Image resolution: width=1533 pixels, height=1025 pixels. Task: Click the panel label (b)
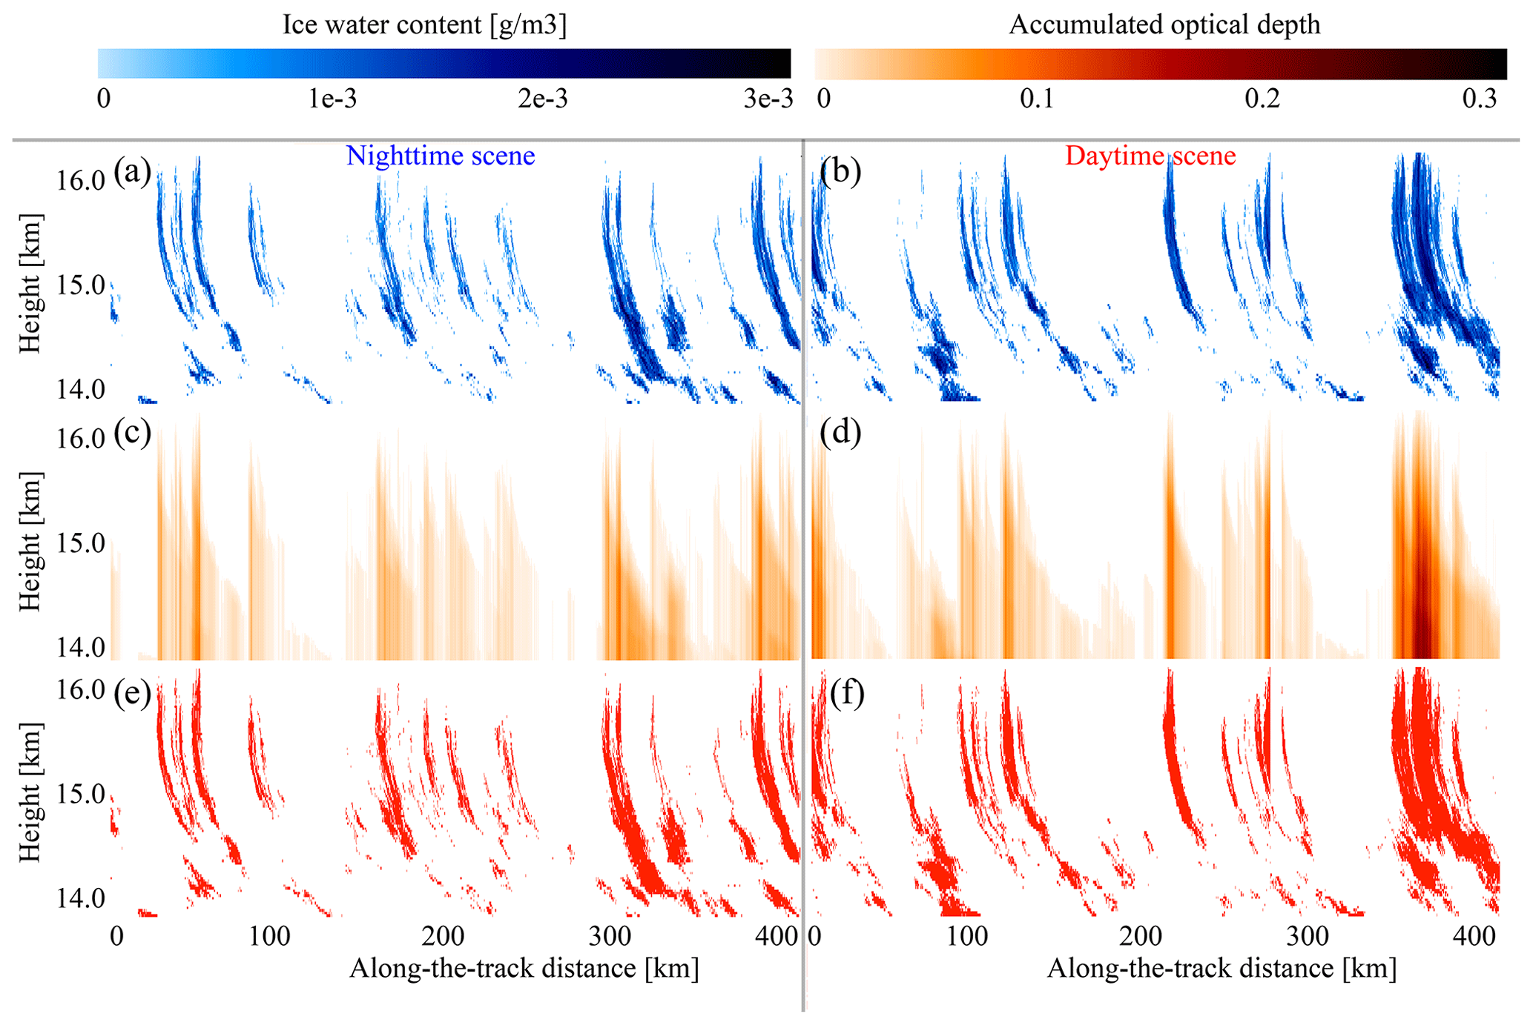tap(840, 172)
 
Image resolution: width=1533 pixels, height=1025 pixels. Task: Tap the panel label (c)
tap(132, 432)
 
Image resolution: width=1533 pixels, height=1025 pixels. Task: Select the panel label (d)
tap(840, 432)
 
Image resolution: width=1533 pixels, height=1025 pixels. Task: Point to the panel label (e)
tap(132, 693)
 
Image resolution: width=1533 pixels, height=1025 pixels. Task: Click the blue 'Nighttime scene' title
tap(441, 156)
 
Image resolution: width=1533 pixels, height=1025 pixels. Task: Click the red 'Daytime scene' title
tap(1150, 156)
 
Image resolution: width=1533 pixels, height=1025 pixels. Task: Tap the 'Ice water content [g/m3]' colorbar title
tap(424, 24)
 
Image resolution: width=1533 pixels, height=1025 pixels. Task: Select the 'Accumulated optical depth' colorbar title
tap(1164, 24)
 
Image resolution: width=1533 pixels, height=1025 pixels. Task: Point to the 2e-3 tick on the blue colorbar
tap(543, 99)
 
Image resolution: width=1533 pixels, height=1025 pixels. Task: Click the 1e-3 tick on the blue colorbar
tap(332, 99)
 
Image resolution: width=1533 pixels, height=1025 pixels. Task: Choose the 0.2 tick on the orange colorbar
tap(1262, 99)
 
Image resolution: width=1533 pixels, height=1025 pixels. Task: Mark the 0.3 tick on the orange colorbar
tap(1479, 99)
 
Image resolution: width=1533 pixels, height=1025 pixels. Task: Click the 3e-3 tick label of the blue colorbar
tap(768, 99)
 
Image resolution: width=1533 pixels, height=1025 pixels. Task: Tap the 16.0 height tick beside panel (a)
tap(81, 180)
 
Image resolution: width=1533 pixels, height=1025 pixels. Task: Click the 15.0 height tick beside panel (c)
tap(81, 543)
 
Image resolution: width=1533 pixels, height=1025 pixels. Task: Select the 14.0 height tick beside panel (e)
tap(81, 899)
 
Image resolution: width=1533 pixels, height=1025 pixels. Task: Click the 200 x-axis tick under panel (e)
tap(443, 936)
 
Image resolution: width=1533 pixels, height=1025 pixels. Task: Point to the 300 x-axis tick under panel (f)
tap(1307, 936)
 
